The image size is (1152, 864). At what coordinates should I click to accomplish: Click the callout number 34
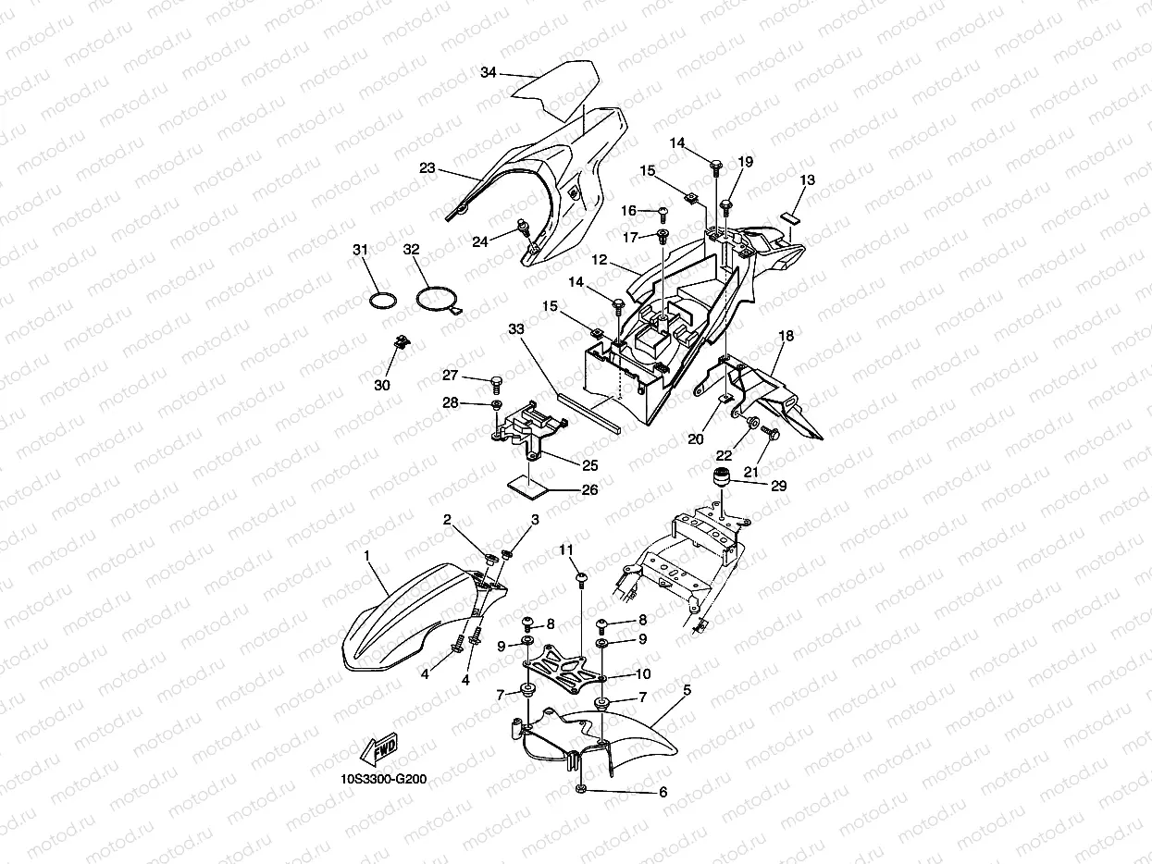tap(489, 72)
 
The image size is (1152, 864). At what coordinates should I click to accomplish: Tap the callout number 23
tap(427, 169)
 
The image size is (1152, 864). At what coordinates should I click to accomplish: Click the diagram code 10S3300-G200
tap(382, 779)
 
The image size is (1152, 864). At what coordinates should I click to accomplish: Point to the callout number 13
tap(808, 180)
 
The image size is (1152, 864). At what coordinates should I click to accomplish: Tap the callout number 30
tap(382, 385)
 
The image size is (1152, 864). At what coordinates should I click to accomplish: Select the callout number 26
tap(588, 490)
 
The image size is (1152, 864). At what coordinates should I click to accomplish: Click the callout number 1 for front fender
tap(367, 555)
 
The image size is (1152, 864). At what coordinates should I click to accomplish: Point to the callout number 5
tap(687, 689)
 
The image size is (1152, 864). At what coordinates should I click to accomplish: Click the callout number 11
tap(566, 551)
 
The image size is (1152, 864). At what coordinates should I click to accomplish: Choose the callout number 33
tap(516, 328)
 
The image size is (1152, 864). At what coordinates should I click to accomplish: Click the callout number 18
tap(786, 337)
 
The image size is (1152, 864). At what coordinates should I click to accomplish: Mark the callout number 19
tap(746, 162)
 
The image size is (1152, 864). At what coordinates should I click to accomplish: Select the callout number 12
tap(600, 261)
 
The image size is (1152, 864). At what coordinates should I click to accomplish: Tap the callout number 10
tap(642, 673)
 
